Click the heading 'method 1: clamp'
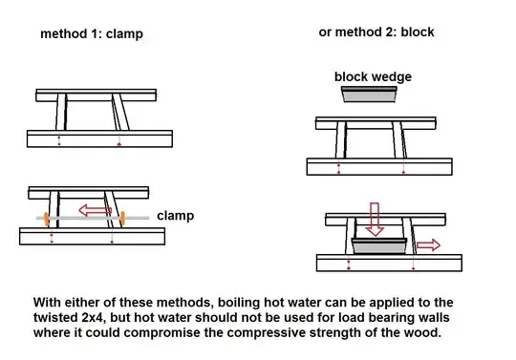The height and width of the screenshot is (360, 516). pos(92,33)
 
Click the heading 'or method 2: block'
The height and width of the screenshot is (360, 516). pos(376,32)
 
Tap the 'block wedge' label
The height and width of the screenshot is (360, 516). pos(373,76)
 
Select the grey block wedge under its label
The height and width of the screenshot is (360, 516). pos(369,95)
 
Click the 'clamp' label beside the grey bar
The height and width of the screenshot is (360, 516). pos(176,216)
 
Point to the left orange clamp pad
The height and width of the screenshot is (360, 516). pos(47,220)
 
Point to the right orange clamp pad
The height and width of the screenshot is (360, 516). pos(122,219)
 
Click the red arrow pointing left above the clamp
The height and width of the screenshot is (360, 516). pos(96,210)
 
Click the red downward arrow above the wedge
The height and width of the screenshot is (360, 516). pos(375,220)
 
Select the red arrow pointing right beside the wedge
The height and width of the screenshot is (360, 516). pos(428,244)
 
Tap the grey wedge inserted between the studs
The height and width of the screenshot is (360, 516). pos(379,246)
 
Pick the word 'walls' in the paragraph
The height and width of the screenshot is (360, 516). pos(433,318)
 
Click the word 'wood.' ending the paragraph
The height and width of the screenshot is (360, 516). pos(423,332)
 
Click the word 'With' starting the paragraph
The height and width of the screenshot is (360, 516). pos(47,303)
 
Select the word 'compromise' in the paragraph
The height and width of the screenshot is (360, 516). pos(163,332)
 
